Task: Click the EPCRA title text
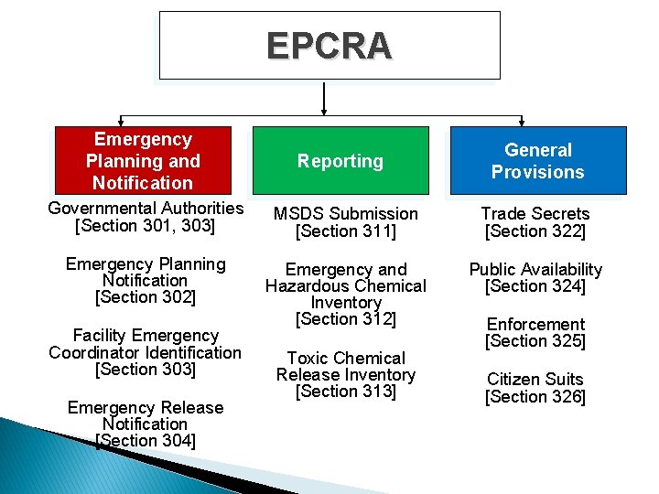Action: (329, 46)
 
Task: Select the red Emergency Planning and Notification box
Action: (143, 160)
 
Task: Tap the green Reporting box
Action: (340, 161)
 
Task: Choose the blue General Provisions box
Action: (537, 161)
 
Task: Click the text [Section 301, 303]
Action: (145, 226)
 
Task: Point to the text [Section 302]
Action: (145, 297)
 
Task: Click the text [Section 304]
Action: (145, 441)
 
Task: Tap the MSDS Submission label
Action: (345, 214)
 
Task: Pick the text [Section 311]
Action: (345, 231)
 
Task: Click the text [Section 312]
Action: (345, 319)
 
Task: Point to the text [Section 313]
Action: (345, 392)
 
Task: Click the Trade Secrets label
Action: (535, 214)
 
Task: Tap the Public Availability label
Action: (535, 269)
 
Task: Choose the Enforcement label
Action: (535, 325)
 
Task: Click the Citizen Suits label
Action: (535, 379)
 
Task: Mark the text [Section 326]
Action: (535, 396)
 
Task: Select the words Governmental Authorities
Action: (145, 209)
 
